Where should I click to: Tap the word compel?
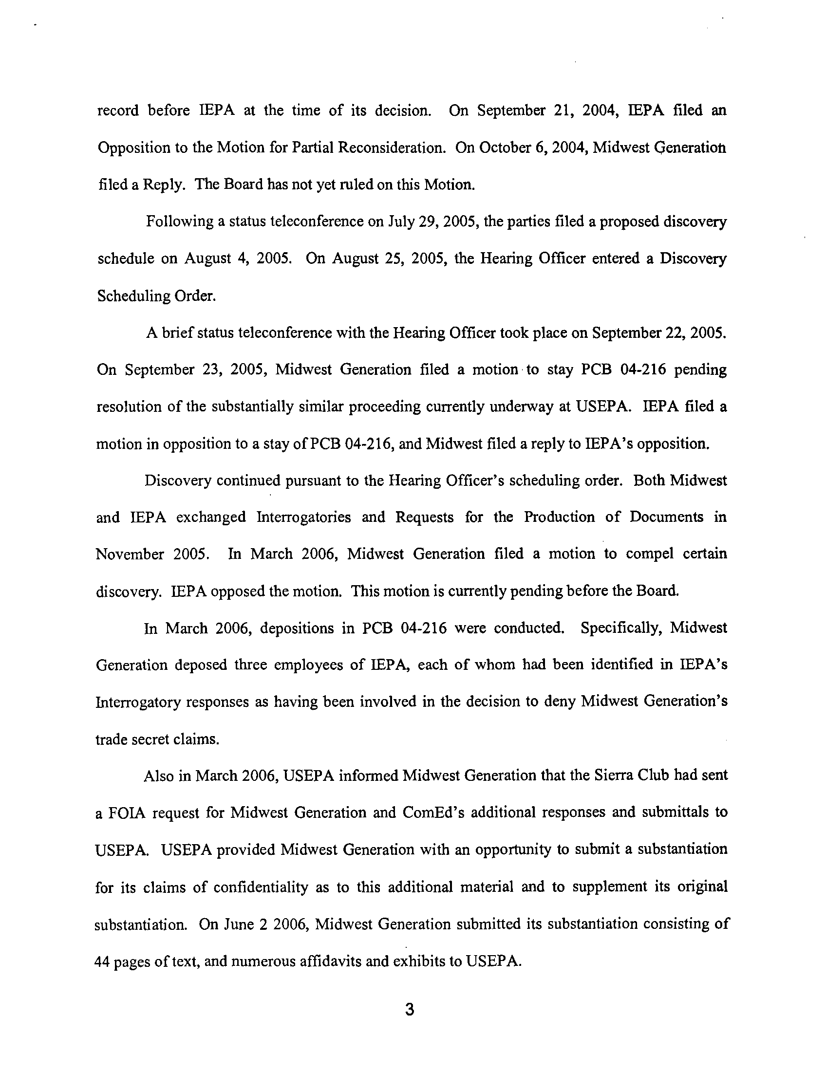click(x=651, y=554)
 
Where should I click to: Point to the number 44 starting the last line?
click(x=101, y=961)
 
